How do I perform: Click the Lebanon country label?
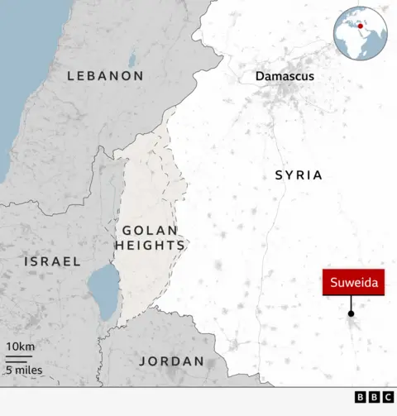click(x=105, y=75)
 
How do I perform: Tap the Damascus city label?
click(x=285, y=76)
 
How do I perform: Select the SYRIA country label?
click(x=299, y=175)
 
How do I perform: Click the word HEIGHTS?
click(x=150, y=246)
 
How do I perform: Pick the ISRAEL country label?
click(x=52, y=261)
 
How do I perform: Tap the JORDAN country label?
click(x=171, y=361)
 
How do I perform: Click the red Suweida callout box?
click(x=353, y=284)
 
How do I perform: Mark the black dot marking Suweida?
click(x=351, y=313)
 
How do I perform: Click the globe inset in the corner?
click(x=361, y=32)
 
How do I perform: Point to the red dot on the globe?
click(x=360, y=26)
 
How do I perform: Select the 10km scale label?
click(x=20, y=346)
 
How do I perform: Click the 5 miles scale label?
click(x=25, y=370)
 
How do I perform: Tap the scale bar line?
click(x=19, y=358)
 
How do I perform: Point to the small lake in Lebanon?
click(x=132, y=60)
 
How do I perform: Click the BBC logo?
click(x=374, y=398)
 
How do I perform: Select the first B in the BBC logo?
click(x=361, y=398)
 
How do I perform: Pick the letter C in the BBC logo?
click(x=387, y=398)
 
